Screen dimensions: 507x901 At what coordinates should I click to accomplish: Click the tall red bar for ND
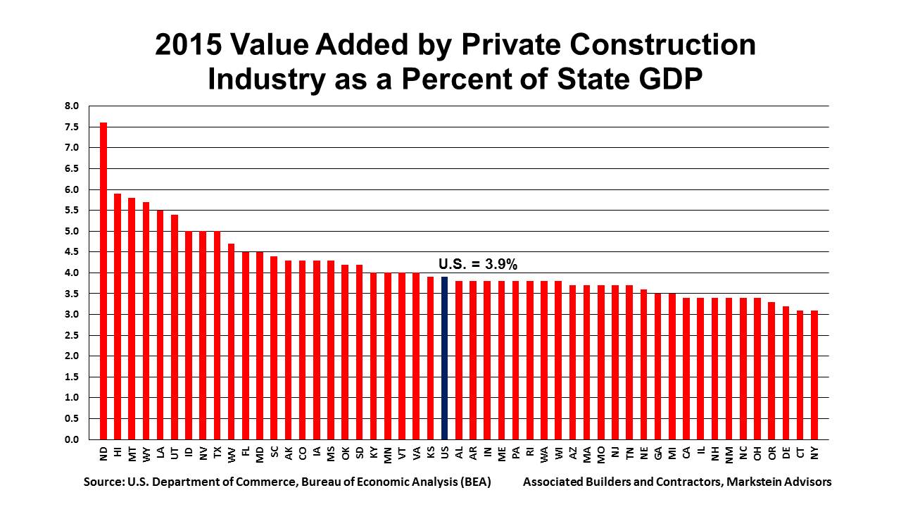pyautogui.click(x=103, y=282)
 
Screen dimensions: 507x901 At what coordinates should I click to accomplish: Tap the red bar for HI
pyautogui.click(x=118, y=317)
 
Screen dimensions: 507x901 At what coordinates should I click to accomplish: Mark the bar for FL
pyautogui.click(x=246, y=346)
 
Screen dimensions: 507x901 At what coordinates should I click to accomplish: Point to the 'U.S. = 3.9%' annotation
pyautogui.click(x=479, y=264)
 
